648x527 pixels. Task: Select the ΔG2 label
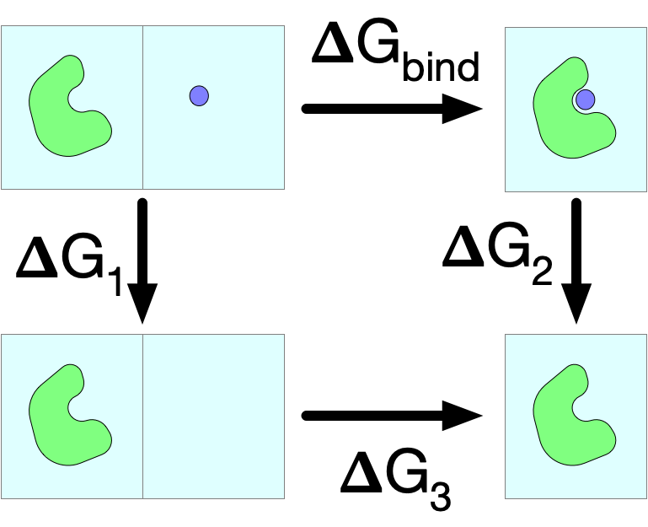(497, 254)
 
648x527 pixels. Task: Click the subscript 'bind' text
(441, 66)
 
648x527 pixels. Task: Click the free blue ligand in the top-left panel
(199, 96)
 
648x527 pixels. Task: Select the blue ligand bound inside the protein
(585, 99)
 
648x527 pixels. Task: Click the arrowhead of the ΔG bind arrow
(462, 109)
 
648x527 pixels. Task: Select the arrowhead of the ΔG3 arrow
(462, 416)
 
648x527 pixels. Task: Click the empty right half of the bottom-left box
(214, 417)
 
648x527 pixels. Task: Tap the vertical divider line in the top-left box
(143, 108)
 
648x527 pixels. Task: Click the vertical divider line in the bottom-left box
(143, 417)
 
